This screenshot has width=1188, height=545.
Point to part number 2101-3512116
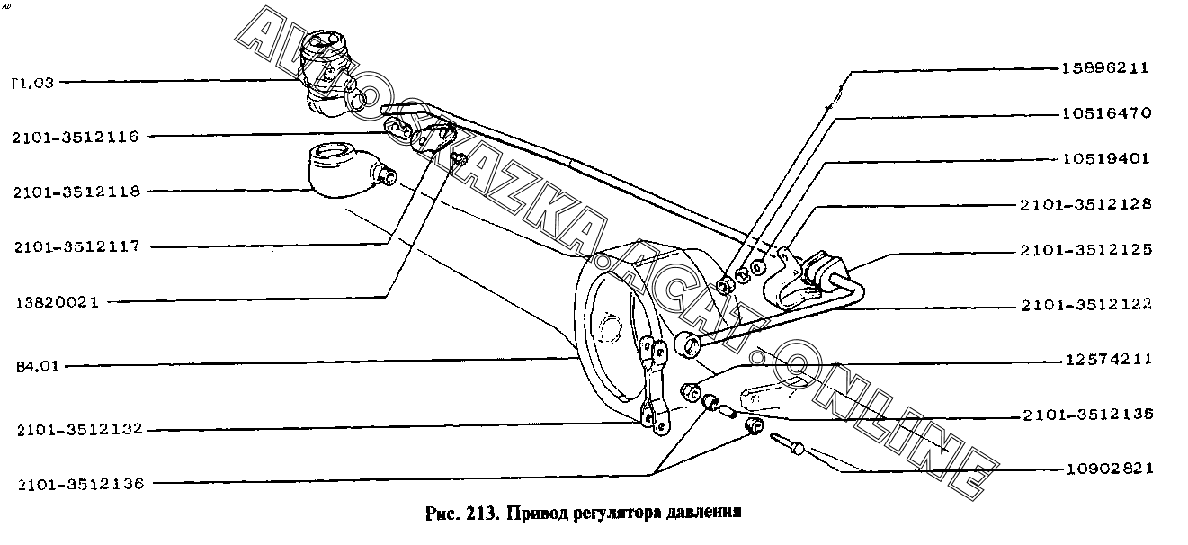click(76, 137)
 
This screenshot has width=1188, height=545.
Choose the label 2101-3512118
click(76, 192)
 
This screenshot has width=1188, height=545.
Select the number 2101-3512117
click(76, 246)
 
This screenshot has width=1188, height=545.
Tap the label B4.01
click(34, 366)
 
